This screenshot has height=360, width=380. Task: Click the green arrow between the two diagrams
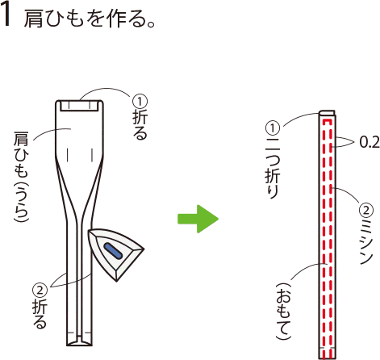(198, 219)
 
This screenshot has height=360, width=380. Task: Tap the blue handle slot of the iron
(114, 251)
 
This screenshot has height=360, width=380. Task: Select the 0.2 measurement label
(370, 142)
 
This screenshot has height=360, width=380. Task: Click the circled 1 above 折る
(140, 102)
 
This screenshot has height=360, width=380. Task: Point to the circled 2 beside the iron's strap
(40, 291)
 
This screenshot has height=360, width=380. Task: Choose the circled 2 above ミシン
(366, 211)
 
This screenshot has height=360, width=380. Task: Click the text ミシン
(366, 241)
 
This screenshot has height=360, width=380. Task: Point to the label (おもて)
(284, 312)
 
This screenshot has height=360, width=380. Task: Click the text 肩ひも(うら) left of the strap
(21, 177)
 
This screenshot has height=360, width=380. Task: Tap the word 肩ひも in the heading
(54, 19)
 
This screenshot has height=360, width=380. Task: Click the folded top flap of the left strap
(79, 106)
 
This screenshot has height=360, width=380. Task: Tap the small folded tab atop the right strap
(327, 112)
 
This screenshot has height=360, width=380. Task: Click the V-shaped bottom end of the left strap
(79, 341)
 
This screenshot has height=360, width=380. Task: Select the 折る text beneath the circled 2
(40, 314)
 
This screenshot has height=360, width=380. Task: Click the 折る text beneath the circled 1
(140, 125)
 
